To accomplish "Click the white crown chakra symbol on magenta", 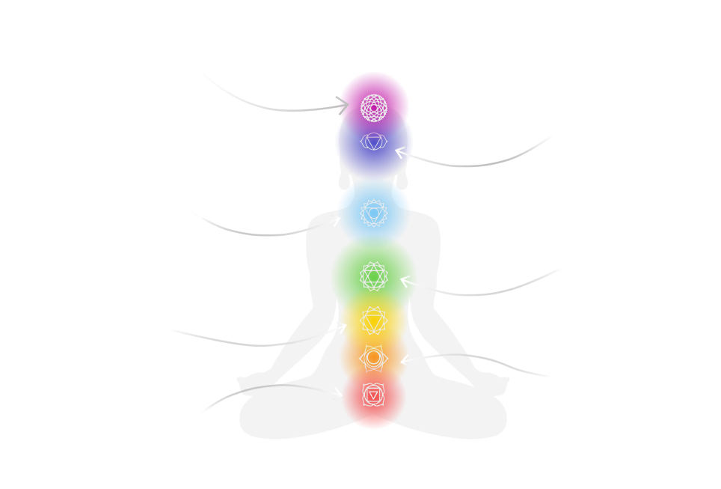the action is tap(372, 107).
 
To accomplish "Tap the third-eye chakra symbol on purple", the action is tap(372, 142).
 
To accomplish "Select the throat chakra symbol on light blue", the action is tap(372, 213).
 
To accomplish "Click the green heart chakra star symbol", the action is tap(373, 276).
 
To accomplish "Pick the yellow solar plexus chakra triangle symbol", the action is tap(372, 321).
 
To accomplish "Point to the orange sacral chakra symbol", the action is tap(372, 359).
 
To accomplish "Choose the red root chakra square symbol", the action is tap(372, 393).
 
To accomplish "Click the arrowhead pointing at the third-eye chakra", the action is tap(400, 153).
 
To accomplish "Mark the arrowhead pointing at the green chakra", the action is tap(405, 282).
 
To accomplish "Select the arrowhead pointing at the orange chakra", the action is tap(405, 359).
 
